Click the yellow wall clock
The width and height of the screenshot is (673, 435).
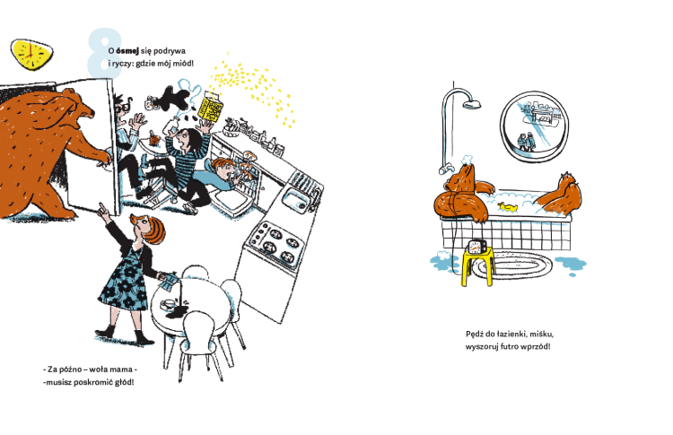[31, 54]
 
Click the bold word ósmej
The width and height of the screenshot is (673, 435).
[127, 50]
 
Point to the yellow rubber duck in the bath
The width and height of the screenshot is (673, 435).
[507, 206]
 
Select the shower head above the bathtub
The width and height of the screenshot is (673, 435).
[472, 104]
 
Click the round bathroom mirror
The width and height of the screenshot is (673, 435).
[534, 126]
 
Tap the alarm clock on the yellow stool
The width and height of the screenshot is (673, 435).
[476, 247]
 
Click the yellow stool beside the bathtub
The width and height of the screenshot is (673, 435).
[477, 267]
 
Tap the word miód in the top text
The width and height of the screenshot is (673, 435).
[184, 64]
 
